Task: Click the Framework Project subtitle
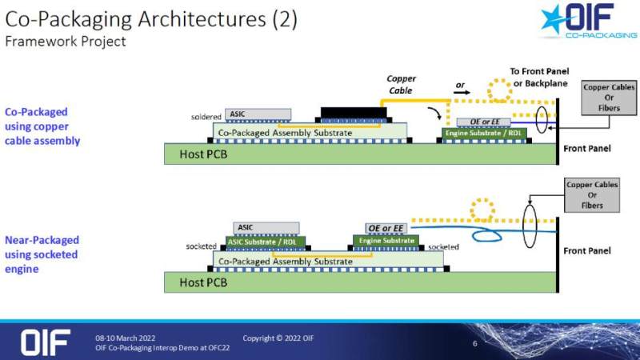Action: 66,42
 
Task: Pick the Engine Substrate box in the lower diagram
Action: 387,241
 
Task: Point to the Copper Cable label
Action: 401,85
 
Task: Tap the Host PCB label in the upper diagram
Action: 203,154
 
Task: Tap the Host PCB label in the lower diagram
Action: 203,282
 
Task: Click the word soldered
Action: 206,117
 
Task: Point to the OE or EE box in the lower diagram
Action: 386,228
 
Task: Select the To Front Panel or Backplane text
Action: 540,78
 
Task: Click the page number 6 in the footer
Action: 475,344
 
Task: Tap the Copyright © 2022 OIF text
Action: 278,338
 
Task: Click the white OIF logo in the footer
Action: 46,342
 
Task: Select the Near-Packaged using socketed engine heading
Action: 42,254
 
